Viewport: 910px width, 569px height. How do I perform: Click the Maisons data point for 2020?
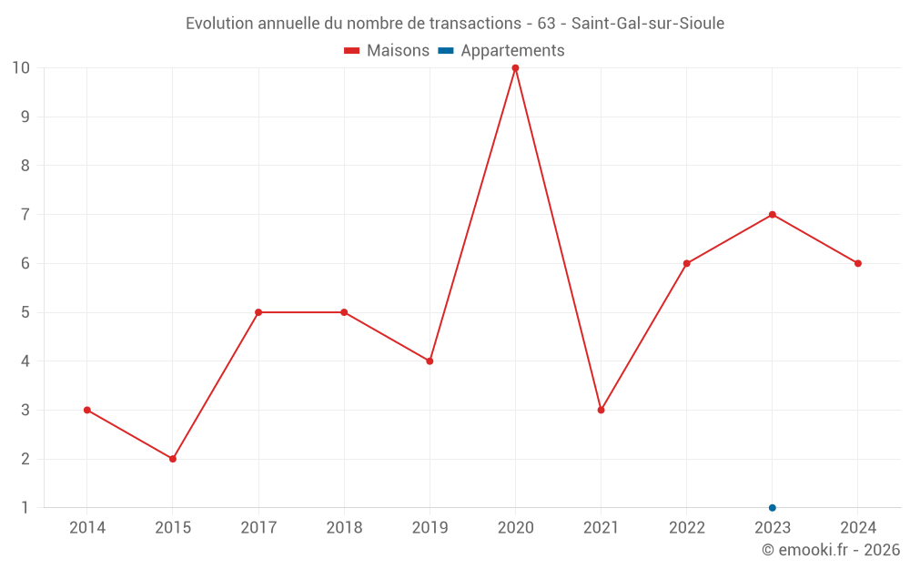pos(515,68)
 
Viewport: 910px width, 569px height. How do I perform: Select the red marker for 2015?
pos(173,459)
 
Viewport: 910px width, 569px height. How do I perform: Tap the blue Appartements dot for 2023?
pos(773,508)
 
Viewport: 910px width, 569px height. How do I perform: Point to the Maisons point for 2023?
pos(773,215)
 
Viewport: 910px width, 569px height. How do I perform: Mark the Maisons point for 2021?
pos(601,410)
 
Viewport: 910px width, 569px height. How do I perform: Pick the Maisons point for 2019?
pos(430,361)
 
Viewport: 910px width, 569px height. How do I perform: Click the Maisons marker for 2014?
pos(87,410)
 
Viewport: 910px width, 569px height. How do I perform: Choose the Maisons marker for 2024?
pos(858,264)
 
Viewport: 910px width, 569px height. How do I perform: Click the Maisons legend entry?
pos(387,51)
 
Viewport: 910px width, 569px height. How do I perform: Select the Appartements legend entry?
pos(502,51)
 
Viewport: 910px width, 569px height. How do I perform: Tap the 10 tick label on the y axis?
pos(21,68)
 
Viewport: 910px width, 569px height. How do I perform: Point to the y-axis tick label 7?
pos(25,215)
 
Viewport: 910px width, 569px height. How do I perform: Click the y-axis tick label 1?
pos(25,508)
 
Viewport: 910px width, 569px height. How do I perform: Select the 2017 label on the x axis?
pos(258,528)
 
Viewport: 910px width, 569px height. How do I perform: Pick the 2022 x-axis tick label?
pos(687,528)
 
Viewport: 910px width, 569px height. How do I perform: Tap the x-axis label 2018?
pos(344,528)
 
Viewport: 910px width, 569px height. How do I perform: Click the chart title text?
pos(455,24)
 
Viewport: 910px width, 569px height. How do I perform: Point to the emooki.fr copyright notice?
pos(831,550)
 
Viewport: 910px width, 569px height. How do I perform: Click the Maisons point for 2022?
pos(687,264)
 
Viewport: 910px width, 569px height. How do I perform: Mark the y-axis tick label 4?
pos(25,361)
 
